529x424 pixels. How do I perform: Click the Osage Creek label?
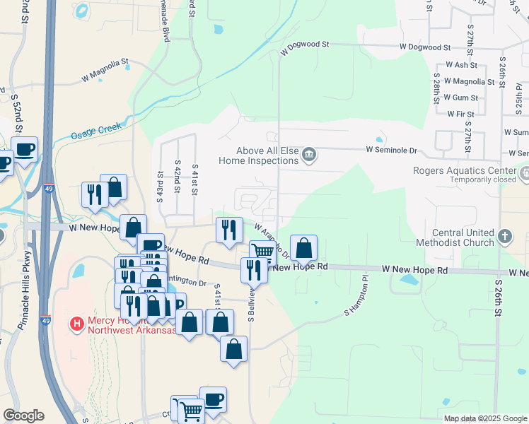96,131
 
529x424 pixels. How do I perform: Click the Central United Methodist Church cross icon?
504,236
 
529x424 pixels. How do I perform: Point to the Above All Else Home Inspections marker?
309,155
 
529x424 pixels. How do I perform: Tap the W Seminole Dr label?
392,150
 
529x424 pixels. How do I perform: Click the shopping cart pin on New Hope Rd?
263,252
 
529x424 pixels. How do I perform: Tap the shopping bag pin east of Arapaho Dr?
303,248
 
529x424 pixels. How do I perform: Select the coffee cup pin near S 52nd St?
25,150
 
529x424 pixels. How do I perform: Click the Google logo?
23,416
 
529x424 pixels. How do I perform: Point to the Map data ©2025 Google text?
484,418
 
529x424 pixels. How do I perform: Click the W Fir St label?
460,113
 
